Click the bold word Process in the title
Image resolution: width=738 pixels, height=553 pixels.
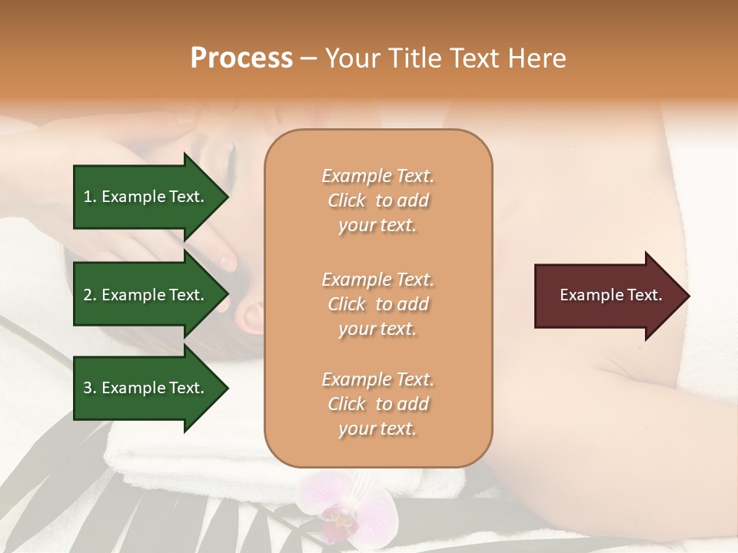click(241, 58)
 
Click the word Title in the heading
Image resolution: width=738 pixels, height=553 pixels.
click(417, 58)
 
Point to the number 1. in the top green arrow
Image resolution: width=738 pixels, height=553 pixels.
click(90, 197)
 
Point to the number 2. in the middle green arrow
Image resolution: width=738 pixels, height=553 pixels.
click(90, 295)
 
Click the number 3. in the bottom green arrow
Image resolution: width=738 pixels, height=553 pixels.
click(90, 388)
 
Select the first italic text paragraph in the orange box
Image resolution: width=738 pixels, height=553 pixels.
click(377, 200)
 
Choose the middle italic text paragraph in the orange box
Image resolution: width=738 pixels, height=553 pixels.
click(377, 304)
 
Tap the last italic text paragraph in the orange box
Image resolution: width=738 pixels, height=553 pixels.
click(377, 404)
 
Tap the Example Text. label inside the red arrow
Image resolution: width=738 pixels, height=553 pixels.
click(611, 296)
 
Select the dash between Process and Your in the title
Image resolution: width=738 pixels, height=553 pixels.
click(309, 58)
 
